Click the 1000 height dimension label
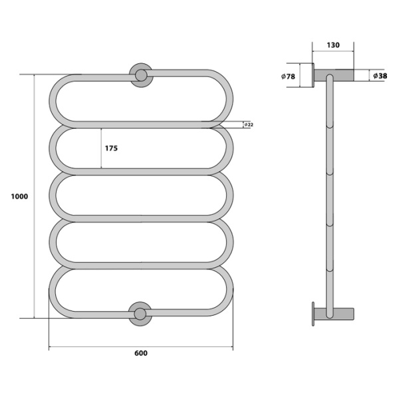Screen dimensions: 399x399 pyautogui.click(x=18, y=197)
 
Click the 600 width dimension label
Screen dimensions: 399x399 pyautogui.click(x=140, y=353)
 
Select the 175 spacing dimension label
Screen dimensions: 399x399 pyautogui.click(x=111, y=148)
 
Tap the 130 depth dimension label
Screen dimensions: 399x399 pyautogui.click(x=332, y=45)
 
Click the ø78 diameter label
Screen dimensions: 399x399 pyautogui.click(x=289, y=76)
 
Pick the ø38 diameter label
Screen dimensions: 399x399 pyautogui.click(x=380, y=76)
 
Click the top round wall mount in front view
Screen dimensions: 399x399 pyautogui.click(x=141, y=75)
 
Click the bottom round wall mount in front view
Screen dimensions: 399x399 pyautogui.click(x=140, y=314)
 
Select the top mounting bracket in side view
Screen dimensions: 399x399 pyautogui.click(x=336, y=74)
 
